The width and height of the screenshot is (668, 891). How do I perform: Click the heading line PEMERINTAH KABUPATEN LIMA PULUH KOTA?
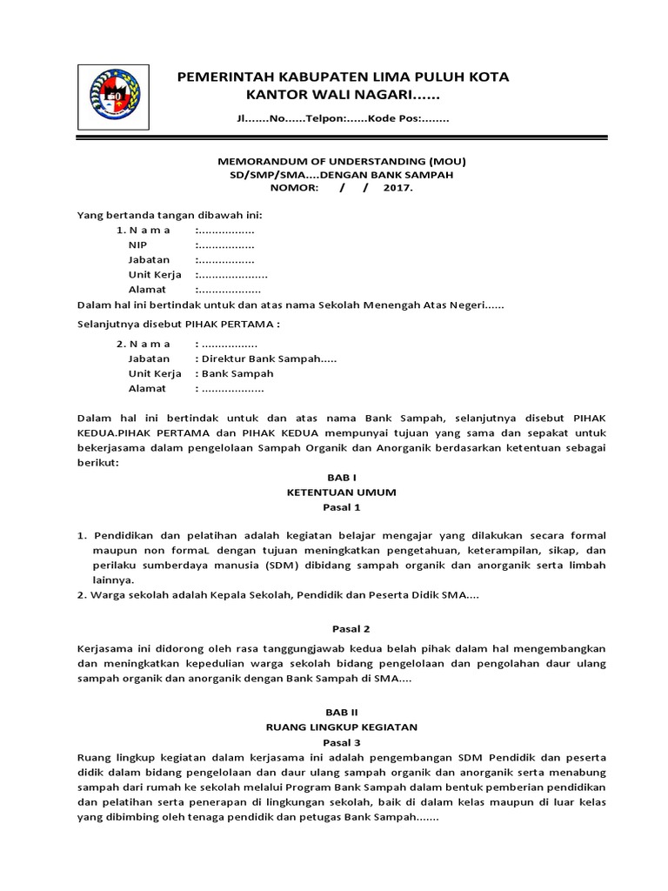point(343,77)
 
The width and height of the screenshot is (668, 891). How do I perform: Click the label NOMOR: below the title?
point(295,187)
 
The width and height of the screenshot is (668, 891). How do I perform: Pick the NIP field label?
point(138,245)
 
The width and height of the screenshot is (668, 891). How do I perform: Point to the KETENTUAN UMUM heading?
point(335,492)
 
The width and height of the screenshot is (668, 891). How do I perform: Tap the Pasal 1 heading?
point(335,506)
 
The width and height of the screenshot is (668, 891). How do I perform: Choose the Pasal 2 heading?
point(335,627)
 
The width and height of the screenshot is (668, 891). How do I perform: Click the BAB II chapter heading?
point(335,712)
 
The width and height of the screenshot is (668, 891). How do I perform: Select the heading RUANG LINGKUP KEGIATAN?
point(335,727)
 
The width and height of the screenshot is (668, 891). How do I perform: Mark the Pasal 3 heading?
point(335,741)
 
